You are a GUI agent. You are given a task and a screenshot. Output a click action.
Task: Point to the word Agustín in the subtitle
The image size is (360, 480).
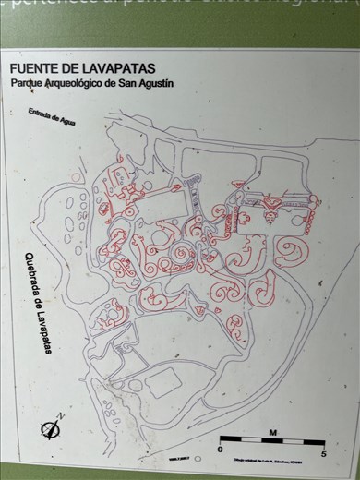coord(155,83)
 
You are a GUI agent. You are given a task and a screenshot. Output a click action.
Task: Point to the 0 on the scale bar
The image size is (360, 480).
coord(220,450)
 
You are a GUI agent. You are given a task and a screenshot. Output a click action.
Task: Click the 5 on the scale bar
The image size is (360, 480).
coord(323,452)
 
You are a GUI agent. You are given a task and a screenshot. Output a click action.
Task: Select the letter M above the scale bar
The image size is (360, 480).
coord(272,431)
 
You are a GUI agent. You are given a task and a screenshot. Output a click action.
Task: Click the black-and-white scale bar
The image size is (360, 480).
coord(272,440)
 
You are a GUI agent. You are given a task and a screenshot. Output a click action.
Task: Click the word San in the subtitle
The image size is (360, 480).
coord(126,83)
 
